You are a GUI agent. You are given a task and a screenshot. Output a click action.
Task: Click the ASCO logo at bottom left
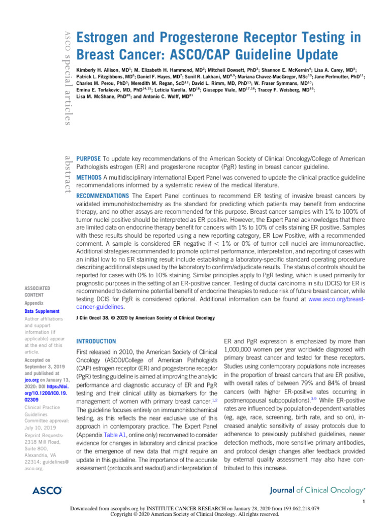click(47, 491)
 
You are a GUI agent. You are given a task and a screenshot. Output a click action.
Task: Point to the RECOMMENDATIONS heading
click(102, 196)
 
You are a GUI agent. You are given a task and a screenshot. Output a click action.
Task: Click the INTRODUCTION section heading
click(95, 341)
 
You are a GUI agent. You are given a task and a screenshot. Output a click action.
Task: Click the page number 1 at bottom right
click(364, 502)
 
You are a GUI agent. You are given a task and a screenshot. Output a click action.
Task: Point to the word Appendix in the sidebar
click(34, 303)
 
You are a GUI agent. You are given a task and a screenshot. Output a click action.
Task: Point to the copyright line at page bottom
click(194, 514)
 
